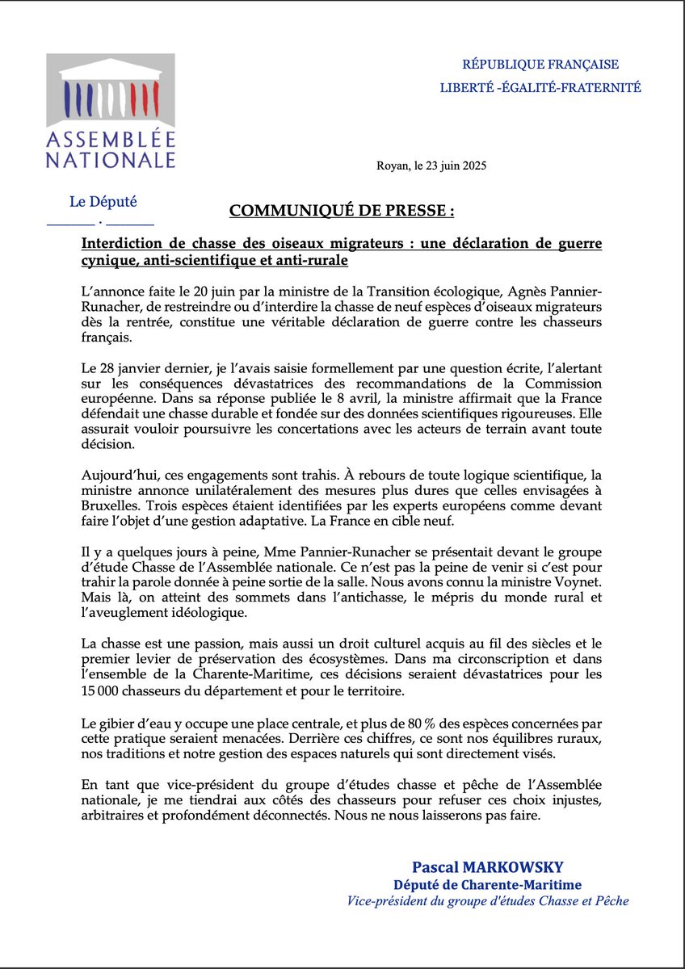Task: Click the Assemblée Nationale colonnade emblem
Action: click(110, 90)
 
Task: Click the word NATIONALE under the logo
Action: click(110, 159)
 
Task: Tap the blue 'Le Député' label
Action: click(100, 202)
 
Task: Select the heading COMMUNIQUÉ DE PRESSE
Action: click(342, 211)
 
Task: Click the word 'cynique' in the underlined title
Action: click(109, 262)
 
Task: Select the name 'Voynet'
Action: click(578, 597)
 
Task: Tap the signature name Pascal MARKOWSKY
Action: click(498, 868)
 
